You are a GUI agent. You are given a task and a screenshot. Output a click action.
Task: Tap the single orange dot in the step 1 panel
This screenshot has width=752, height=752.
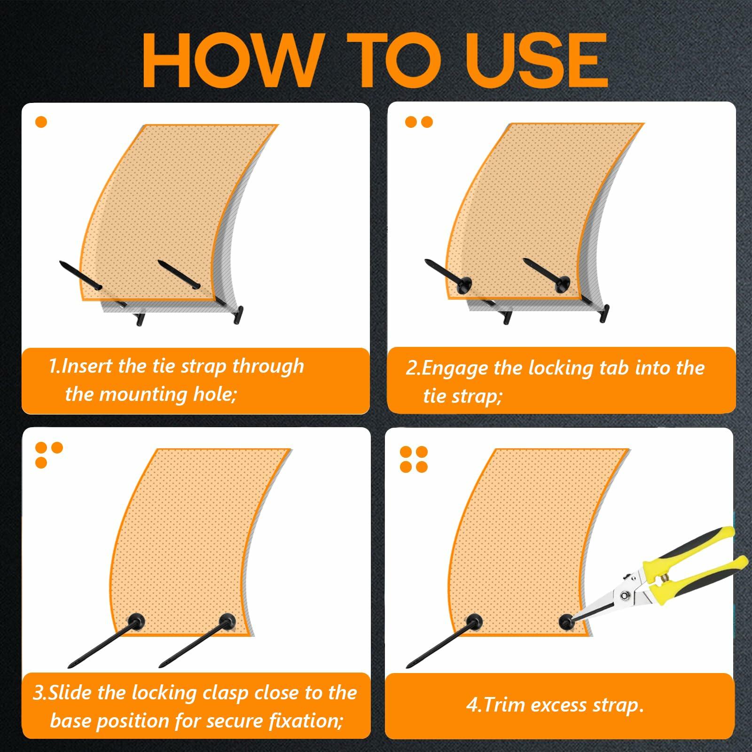click(x=41, y=122)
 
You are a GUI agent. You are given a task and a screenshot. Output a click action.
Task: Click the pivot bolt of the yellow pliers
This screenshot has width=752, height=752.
click(x=626, y=596)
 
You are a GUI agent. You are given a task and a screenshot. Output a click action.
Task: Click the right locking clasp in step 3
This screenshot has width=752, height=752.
click(x=227, y=621)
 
